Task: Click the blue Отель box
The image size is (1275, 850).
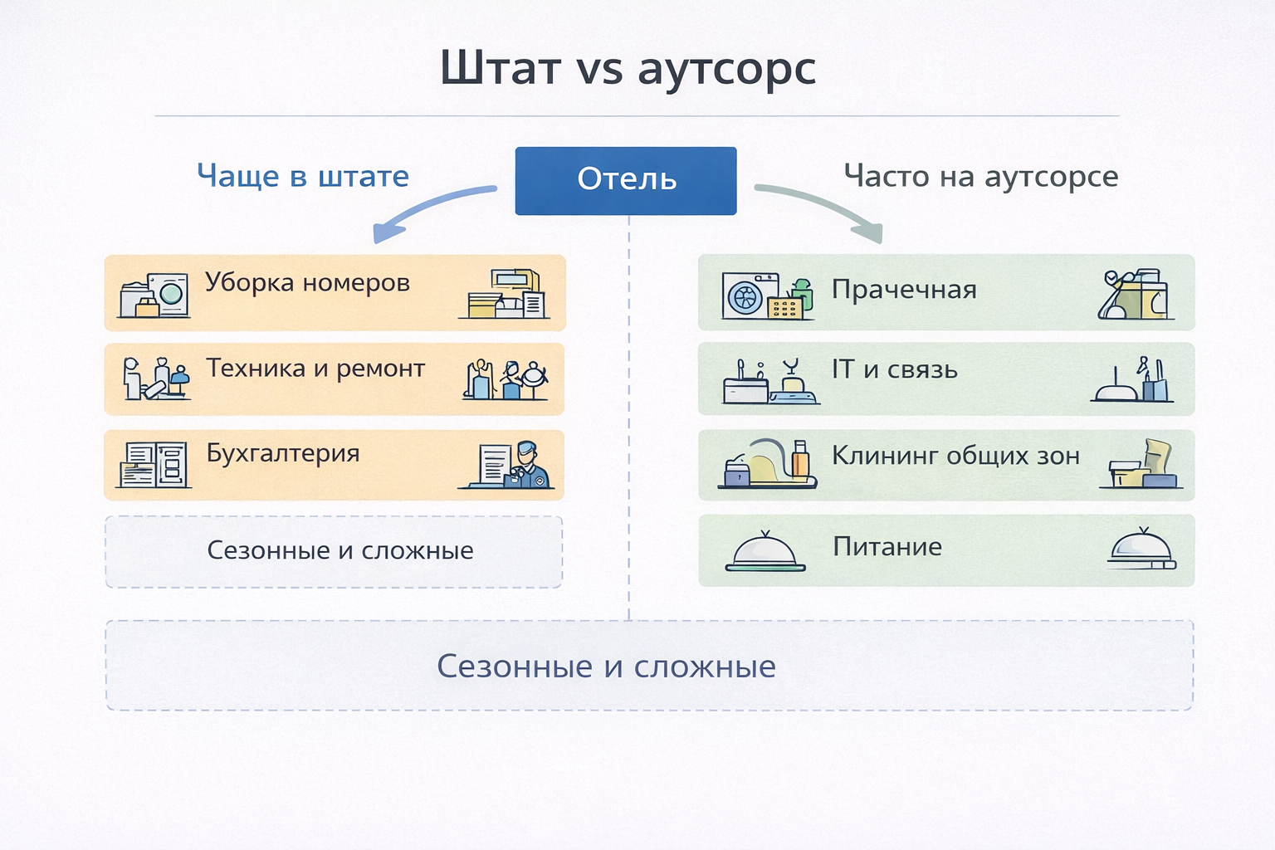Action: [x=626, y=180]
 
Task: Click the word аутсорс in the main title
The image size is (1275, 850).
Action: [x=726, y=69]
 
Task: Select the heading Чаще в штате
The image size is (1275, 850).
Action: [x=303, y=176]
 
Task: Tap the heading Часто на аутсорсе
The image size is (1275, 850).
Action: [x=980, y=176]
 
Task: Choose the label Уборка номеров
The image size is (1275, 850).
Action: [x=307, y=283]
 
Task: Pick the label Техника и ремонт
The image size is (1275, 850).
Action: [x=315, y=369]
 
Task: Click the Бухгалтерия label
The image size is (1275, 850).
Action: [x=283, y=454]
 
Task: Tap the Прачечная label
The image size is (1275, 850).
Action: [x=904, y=290]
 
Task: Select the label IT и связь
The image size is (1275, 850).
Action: [x=895, y=370]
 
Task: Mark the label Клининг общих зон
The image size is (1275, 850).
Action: [x=955, y=457]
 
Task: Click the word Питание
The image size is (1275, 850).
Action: [x=887, y=547]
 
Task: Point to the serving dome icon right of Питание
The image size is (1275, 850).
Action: [x=1142, y=549]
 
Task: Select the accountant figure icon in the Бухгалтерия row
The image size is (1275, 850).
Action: [x=528, y=465]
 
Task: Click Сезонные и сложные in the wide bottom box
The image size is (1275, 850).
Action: [x=606, y=667]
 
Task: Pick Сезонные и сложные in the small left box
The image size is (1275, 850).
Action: [x=340, y=550]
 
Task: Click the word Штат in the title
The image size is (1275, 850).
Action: [x=501, y=69]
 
